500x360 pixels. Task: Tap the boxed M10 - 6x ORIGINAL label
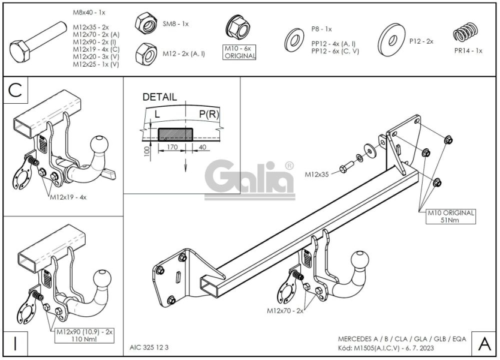[x=240, y=52]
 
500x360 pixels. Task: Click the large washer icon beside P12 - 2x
[x=391, y=40]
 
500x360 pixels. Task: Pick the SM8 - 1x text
[x=176, y=24]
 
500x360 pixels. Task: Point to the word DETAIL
[x=159, y=97]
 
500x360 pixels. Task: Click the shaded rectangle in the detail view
[x=176, y=134]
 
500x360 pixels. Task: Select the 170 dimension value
[x=172, y=148]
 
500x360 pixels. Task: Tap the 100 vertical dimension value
[x=147, y=152]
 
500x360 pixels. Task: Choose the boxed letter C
[x=16, y=90]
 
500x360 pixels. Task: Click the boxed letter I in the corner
[x=16, y=343]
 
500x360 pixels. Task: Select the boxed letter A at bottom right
[x=484, y=344]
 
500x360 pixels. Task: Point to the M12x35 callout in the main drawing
[x=317, y=175]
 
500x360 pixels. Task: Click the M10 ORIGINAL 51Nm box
[x=451, y=217]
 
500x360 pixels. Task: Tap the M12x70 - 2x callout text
[x=285, y=311]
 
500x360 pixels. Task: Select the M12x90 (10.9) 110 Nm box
[x=84, y=335]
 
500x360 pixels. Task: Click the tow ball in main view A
[x=360, y=260]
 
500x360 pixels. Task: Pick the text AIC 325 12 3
[x=149, y=347]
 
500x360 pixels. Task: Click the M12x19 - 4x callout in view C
[x=68, y=197]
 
